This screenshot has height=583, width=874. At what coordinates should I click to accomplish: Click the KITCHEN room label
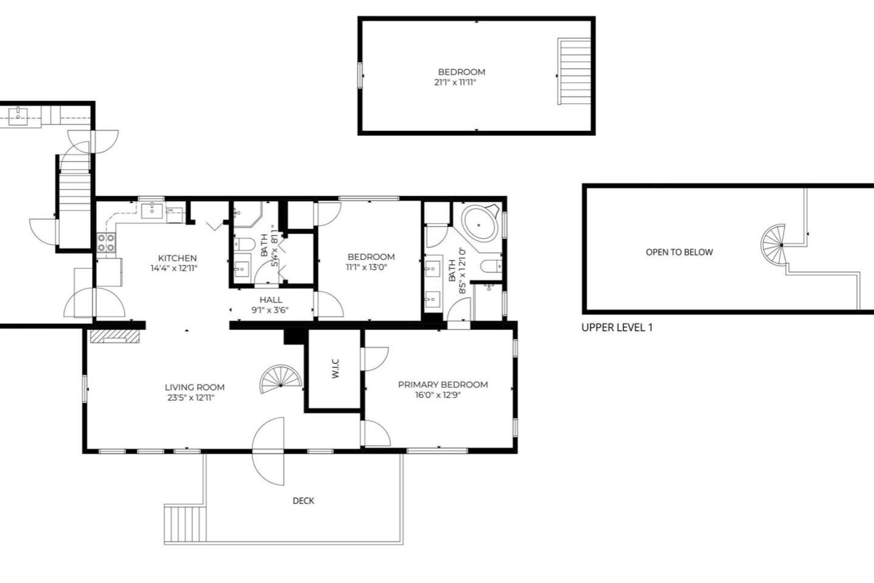177,258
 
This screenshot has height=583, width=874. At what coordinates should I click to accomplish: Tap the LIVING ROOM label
195,387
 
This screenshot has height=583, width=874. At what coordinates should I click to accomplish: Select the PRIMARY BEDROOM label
443,384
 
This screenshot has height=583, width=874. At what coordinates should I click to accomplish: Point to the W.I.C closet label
336,368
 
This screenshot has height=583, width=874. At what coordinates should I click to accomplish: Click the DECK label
303,500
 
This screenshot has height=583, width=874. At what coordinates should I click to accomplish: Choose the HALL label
271,300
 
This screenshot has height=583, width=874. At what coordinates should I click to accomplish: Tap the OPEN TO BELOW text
679,252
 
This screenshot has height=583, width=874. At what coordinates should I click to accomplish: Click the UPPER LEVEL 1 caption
617,327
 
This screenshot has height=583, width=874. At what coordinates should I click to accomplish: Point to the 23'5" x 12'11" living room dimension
191,398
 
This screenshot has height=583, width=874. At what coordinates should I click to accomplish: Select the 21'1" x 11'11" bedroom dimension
455,83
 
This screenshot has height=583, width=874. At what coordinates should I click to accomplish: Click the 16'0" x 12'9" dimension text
438,395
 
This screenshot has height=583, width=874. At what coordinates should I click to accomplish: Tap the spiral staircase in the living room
281,379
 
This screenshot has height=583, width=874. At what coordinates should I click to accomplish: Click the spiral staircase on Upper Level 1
773,245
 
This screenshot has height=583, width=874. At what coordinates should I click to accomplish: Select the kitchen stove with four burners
106,242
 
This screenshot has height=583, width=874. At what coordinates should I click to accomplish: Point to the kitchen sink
152,211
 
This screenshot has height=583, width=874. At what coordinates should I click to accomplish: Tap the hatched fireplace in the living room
115,336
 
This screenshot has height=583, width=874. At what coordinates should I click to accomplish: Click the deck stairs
185,524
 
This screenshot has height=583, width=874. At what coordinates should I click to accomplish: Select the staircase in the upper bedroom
574,71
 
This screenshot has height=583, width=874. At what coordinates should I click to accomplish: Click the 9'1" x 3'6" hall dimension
270,310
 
